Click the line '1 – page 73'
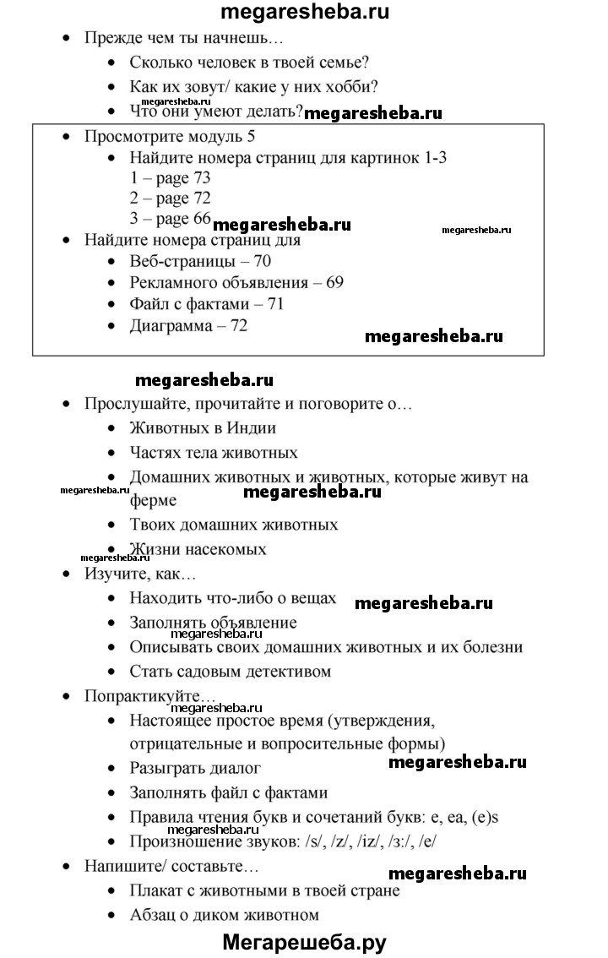(170, 178)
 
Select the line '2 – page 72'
(170, 199)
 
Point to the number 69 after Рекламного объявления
(334, 282)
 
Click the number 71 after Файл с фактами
(274, 303)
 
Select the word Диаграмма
(171, 325)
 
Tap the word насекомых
(227, 549)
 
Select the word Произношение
(182, 841)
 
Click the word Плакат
(156, 890)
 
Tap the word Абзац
(153, 914)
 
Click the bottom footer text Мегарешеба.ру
(305, 942)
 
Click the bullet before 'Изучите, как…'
(67, 574)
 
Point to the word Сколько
(160, 63)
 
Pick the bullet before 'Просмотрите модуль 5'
(67, 136)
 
